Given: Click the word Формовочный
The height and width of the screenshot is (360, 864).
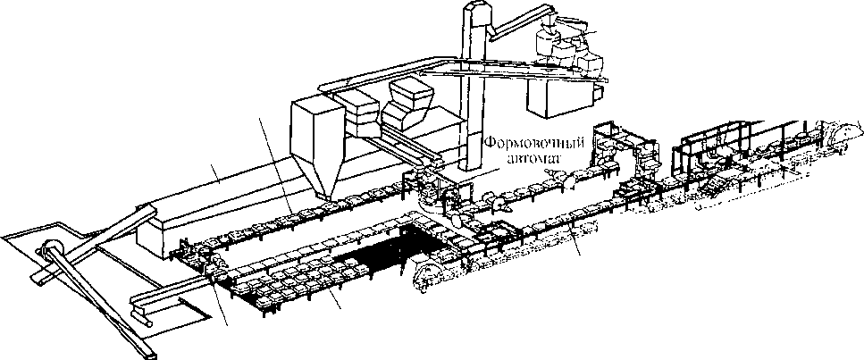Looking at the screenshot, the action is pos(526,143).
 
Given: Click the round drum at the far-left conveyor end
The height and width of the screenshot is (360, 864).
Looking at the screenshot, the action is pos(51,251).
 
